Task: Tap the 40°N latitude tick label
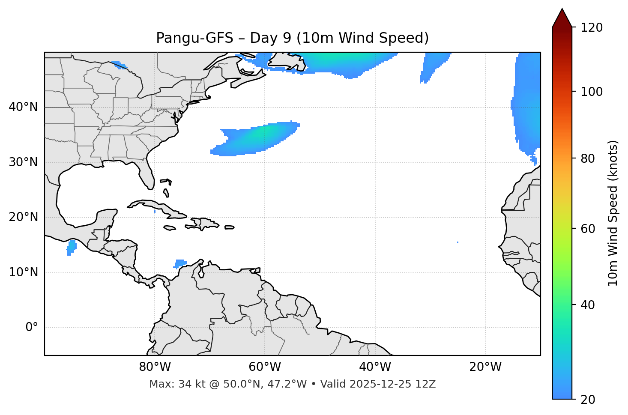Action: coord(23,107)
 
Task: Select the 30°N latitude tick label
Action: coord(23,162)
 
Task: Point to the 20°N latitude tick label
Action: coord(23,217)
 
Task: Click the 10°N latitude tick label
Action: coord(23,272)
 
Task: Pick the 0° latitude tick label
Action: coord(32,328)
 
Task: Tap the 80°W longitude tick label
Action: coord(155,367)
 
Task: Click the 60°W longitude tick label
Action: coord(265,367)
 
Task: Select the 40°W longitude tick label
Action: coord(375,367)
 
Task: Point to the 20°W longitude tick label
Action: coord(485,367)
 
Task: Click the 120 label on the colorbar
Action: coord(592,28)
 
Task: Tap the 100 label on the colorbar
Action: coord(592,92)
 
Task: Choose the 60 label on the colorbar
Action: coord(588,229)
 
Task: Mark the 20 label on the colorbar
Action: coord(588,400)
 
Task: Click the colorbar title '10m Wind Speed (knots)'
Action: coord(613,213)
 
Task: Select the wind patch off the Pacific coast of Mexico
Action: coord(71,247)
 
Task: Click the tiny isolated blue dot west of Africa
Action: coord(458,242)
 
